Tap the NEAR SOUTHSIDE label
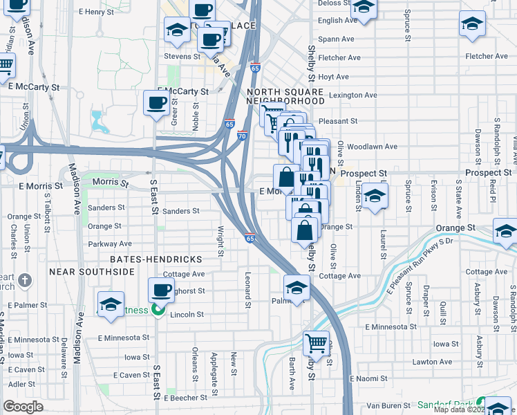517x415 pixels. coord(92,272)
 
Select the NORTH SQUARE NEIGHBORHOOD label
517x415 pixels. coord(285,96)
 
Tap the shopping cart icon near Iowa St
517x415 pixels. coord(316,343)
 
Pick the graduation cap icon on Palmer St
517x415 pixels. coord(297,288)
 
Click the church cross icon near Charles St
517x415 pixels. coord(25,280)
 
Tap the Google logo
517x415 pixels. coord(23,407)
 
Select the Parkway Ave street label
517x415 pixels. coord(110,244)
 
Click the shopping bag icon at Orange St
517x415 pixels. coord(305,230)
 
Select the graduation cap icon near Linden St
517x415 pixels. coord(374,196)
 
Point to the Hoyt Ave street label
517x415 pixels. coord(334,77)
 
